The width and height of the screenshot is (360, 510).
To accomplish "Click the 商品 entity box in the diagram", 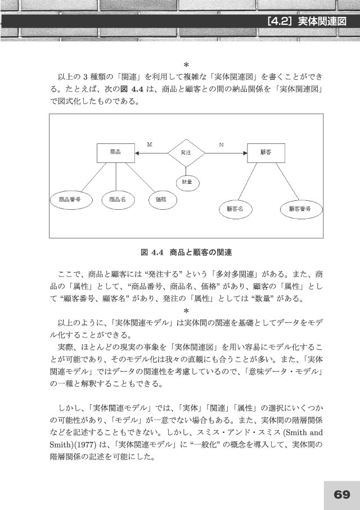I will (116, 152).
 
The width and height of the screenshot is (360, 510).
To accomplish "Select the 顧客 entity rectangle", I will (266, 152).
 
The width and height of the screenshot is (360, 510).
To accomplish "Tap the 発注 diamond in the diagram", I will (186, 152).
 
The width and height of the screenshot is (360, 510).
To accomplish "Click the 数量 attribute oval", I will (187, 182).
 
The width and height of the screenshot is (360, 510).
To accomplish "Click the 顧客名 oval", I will (235, 209).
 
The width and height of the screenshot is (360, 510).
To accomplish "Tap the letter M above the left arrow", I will (150, 145).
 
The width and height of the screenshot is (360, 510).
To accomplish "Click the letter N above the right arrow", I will (222, 145).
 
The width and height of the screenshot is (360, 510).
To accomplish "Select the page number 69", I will (341, 494).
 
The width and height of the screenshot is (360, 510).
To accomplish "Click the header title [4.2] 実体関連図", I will (304, 22).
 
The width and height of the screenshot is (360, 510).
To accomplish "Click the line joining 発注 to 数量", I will (187, 170).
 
